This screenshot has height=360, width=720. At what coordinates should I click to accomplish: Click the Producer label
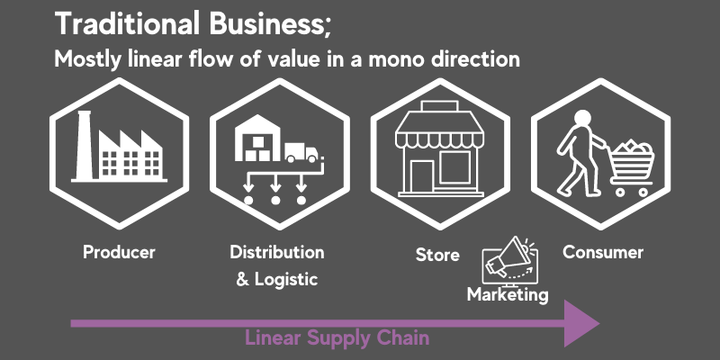[x=119, y=252]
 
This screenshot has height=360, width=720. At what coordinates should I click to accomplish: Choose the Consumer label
[x=603, y=252]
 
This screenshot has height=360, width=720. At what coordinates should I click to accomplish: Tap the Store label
[x=437, y=255]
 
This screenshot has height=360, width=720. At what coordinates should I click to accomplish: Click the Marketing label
[x=508, y=294]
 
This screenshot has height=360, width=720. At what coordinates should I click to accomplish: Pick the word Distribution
[x=277, y=252]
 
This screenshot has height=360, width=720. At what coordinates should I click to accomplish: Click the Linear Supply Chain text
[x=337, y=339]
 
